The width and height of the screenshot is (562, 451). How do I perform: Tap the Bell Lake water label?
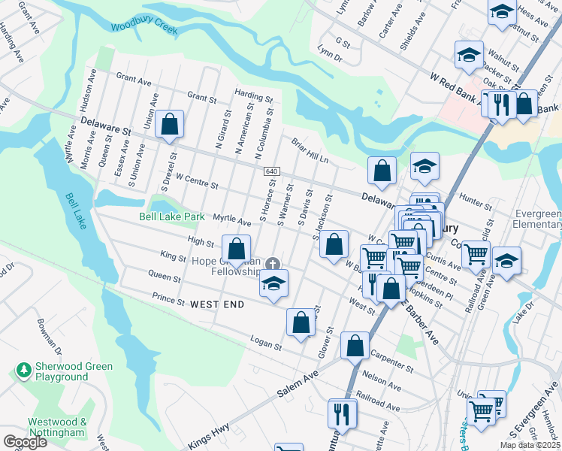pos(77,211)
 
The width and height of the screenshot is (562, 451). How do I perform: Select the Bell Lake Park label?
pos(172,216)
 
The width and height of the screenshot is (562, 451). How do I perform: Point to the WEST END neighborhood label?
pos(217,304)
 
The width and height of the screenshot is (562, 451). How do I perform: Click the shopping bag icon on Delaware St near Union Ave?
pos(170,124)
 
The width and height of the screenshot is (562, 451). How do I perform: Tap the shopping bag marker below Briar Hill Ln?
pos(382,170)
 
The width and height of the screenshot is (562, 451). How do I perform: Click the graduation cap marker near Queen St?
pos(274,283)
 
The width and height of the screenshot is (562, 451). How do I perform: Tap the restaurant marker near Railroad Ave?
pos(341,413)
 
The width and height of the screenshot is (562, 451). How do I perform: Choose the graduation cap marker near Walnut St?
pos(468,55)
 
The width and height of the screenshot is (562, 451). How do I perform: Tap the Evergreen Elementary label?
pos(536,219)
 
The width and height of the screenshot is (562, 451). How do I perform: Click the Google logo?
pos(24,442)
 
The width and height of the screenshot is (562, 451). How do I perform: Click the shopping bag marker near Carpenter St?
pos(355,346)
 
